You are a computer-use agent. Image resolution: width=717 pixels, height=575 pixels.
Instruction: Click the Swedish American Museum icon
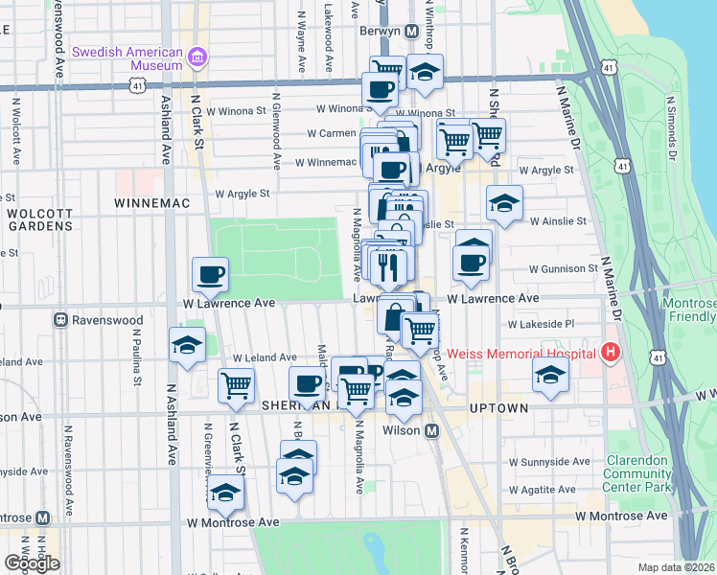click(198, 57)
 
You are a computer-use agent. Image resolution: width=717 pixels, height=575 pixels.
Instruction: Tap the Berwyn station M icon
click(411, 32)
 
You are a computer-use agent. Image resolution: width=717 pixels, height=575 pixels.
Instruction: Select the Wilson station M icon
click(432, 431)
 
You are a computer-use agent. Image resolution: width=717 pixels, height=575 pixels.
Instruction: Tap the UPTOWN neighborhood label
click(499, 408)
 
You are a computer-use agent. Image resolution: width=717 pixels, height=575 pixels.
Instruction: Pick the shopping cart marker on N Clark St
click(236, 387)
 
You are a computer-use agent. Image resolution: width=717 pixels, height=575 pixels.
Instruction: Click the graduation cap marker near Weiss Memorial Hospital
click(550, 379)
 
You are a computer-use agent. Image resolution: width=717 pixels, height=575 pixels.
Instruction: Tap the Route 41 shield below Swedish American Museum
click(138, 86)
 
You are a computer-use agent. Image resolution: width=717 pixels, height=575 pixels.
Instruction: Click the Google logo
click(32, 563)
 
